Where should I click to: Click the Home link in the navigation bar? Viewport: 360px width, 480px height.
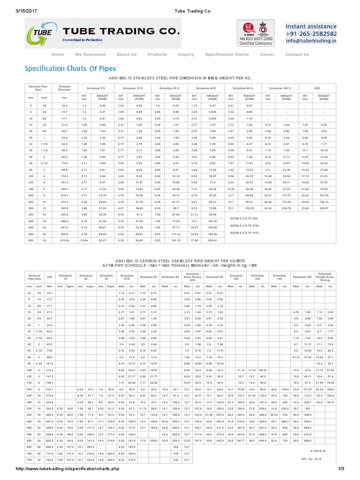point(58,54)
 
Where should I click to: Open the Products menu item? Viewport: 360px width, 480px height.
point(157,54)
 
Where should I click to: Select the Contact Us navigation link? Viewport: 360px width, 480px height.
point(297,54)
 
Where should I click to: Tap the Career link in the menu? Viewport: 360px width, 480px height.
point(267,54)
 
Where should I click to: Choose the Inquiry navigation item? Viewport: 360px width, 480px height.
point(186,54)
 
